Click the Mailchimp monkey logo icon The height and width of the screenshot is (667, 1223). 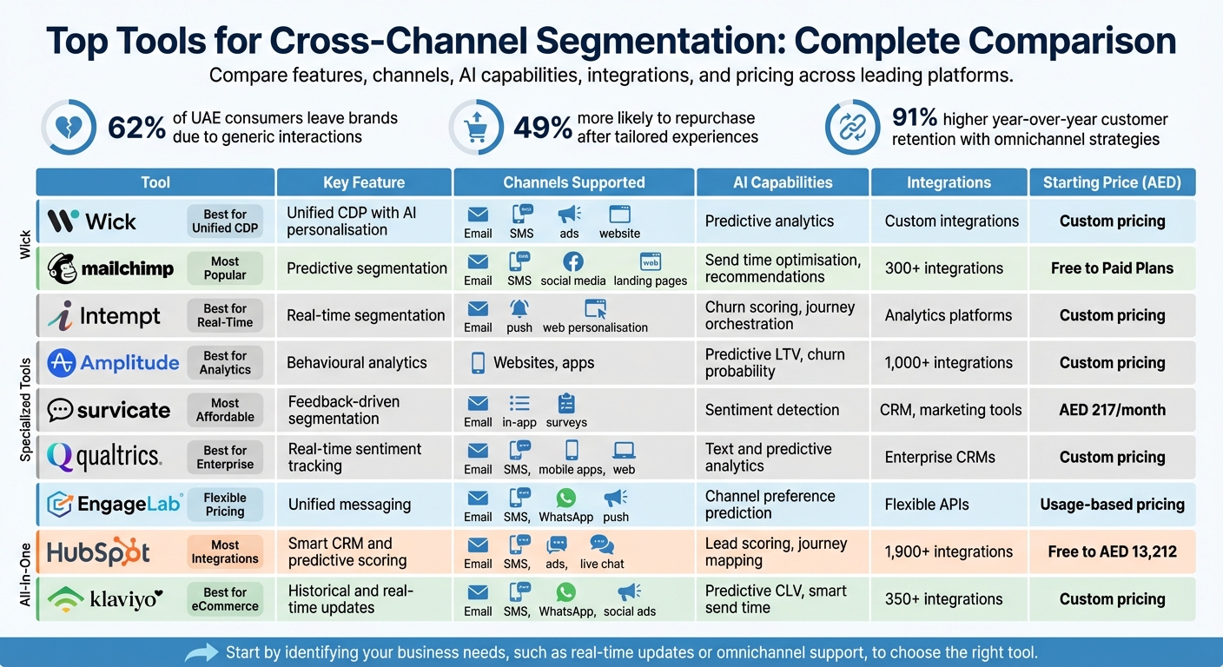[x=63, y=267]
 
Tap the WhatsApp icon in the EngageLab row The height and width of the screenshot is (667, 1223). [x=565, y=498]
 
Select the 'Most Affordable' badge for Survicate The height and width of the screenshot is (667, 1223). [x=225, y=410]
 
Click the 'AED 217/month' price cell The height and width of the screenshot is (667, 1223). [x=1112, y=410]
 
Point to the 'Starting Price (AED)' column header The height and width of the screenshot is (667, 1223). [x=1112, y=182]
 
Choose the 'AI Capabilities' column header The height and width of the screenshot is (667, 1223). [x=782, y=182]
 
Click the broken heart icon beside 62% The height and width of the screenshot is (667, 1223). [x=69, y=128]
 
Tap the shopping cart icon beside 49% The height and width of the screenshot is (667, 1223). [x=477, y=128]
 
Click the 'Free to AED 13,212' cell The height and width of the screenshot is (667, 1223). [x=1112, y=551]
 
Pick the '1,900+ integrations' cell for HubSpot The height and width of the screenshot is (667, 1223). [x=949, y=551]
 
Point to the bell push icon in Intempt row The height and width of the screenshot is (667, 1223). [x=519, y=308]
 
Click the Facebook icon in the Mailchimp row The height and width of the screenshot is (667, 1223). [x=572, y=261]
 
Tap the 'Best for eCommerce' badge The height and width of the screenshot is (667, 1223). [x=225, y=599]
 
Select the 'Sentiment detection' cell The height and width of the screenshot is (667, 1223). [x=771, y=410]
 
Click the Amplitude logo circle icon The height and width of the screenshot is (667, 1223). [x=62, y=363]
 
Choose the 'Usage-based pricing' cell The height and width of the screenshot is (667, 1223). [x=1112, y=505]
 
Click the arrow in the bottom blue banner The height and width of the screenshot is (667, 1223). [x=202, y=652]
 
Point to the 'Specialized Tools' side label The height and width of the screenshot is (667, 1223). [x=26, y=409]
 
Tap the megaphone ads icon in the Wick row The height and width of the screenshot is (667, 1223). [x=569, y=215]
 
